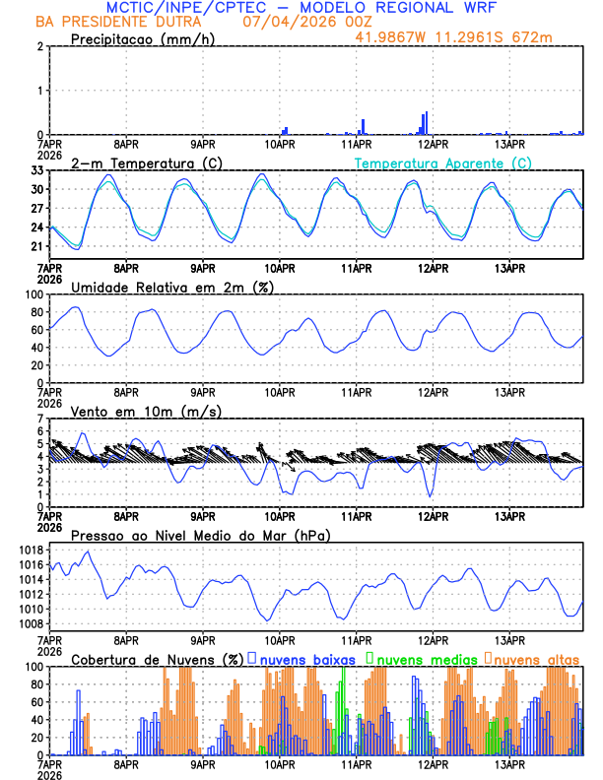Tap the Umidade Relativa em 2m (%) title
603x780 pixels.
point(172,287)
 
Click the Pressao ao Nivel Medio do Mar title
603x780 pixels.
point(201,535)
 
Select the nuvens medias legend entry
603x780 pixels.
point(422,659)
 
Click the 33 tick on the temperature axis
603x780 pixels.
point(37,170)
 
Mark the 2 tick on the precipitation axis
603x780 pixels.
point(40,46)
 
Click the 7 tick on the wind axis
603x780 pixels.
point(40,419)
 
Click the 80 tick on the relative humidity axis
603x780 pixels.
point(35,312)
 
